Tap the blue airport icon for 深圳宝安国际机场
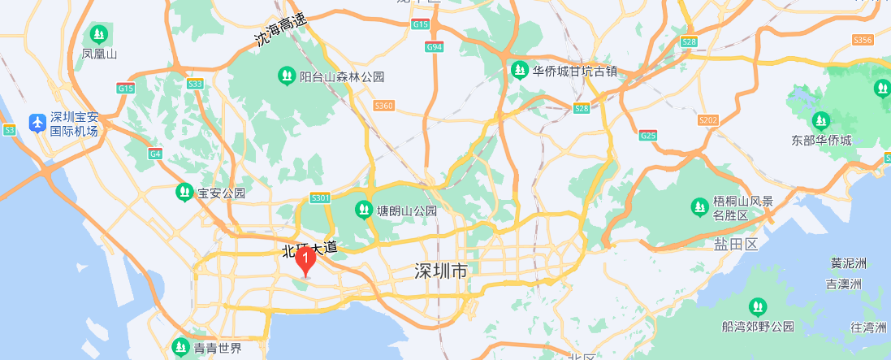pos(37,123)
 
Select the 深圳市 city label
pos(440,271)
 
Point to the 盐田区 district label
pos(735,245)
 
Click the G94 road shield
pos(435,47)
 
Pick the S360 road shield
pos(383,106)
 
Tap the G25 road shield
pos(648,135)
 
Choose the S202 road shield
pos(708,120)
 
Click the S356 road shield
pos(863,40)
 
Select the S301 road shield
pos(320,197)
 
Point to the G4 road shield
pos(155,154)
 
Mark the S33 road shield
pos(195,84)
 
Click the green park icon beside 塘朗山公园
pos(362,210)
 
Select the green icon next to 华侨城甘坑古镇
pos(520,72)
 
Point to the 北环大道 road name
pos(309,248)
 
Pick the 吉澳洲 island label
pos(844,284)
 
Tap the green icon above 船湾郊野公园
pos(758,306)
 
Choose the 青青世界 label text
pos(218,349)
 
